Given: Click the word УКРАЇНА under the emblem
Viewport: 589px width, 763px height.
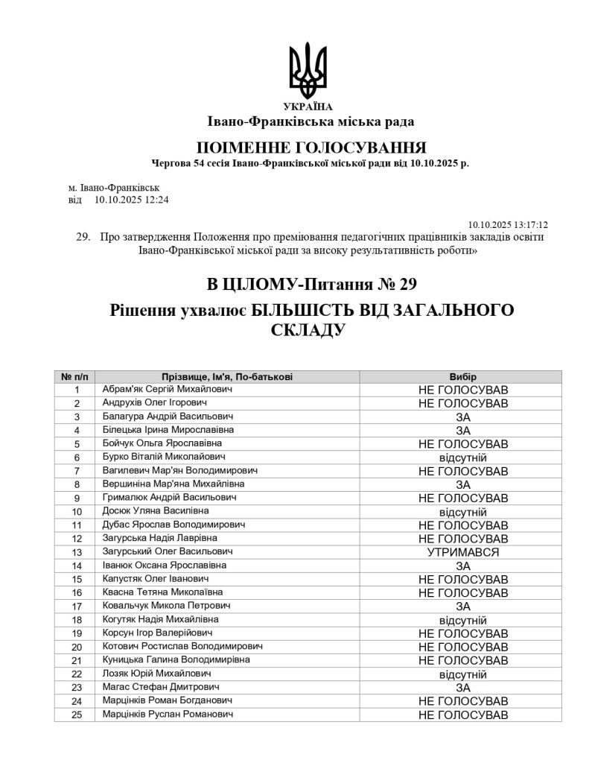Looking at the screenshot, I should pyautogui.click(x=308, y=107).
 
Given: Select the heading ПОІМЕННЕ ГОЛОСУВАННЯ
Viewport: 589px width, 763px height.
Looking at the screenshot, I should pyautogui.click(x=311, y=146).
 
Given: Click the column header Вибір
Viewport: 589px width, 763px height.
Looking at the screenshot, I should pyautogui.click(x=462, y=377).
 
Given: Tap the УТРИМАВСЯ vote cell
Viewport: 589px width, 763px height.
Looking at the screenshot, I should pyautogui.click(x=462, y=552).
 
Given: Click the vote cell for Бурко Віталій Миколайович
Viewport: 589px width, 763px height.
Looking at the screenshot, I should pyautogui.click(x=462, y=458).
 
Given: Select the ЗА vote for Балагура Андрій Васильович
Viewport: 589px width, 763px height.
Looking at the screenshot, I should pyautogui.click(x=462, y=417).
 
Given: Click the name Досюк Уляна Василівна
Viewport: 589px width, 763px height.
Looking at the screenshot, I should pyautogui.click(x=155, y=511).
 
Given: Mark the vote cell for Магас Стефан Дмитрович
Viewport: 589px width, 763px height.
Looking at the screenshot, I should pyautogui.click(x=462, y=688).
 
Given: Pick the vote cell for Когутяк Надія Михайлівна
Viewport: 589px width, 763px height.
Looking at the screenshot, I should pyautogui.click(x=462, y=620).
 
